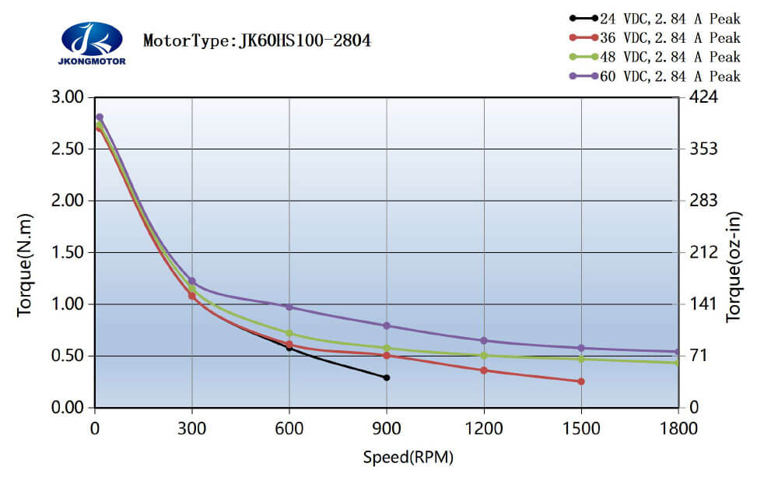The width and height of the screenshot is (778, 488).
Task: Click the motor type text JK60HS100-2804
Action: (x=257, y=40)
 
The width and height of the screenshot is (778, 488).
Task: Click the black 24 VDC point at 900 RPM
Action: (x=387, y=377)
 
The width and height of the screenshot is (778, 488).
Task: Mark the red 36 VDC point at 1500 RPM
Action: (x=581, y=381)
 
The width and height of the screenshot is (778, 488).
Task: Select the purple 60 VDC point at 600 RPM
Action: (x=289, y=307)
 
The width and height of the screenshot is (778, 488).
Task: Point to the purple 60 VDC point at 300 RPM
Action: (x=192, y=280)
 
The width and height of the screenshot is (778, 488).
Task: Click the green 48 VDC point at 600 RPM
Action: (x=289, y=333)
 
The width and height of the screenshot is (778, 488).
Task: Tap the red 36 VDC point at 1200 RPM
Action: (x=484, y=370)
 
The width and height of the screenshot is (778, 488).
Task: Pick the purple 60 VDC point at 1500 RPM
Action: (x=581, y=348)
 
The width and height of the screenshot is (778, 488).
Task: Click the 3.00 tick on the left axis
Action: (x=66, y=97)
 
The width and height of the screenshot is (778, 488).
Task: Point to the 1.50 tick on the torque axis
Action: (x=66, y=252)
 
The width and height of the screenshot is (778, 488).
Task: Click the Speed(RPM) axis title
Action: (x=408, y=457)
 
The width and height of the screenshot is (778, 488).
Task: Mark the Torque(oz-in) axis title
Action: (x=734, y=266)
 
